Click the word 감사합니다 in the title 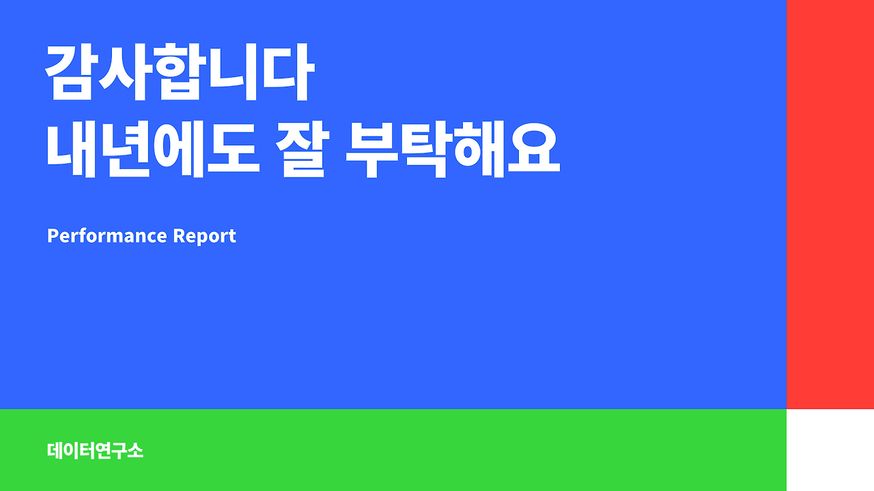tap(179, 74)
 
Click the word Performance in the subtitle tap(107, 236)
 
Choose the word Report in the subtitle tap(204, 236)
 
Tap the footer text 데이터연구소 tap(95, 451)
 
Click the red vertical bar tap(830, 204)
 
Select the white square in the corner tap(830, 450)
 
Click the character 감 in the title tap(71, 74)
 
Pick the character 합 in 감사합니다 tap(179, 74)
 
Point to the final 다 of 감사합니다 tap(287, 74)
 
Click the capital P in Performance tap(52, 236)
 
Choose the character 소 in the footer tap(135, 451)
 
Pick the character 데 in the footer tap(55, 451)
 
